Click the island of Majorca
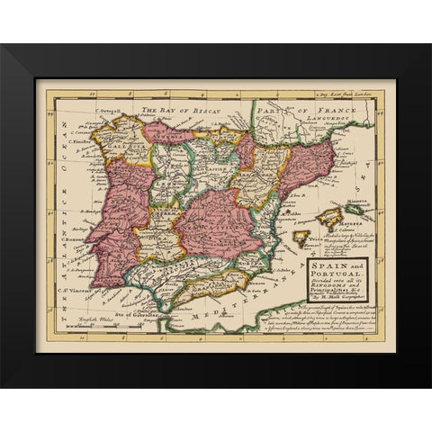(x=329, y=216)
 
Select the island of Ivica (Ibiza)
(x=300, y=238)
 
